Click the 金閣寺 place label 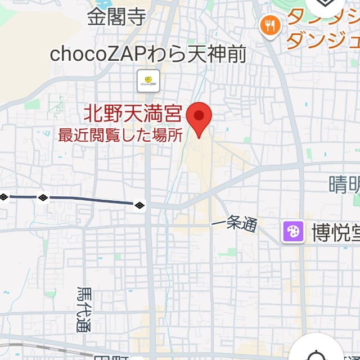point(116,17)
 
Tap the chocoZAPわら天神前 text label point(148,54)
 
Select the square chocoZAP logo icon point(148,81)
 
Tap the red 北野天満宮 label point(133,115)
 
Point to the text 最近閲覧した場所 point(121,136)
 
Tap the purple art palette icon point(293,231)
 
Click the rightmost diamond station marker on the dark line point(140,204)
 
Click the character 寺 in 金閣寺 point(136,17)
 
